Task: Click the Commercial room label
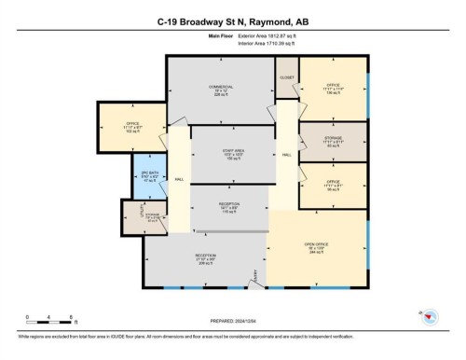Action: click(220, 89)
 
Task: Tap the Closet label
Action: click(286, 77)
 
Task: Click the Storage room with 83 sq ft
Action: click(332, 141)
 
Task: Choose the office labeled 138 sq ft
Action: click(332, 90)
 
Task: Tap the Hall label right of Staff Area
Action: click(286, 155)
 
